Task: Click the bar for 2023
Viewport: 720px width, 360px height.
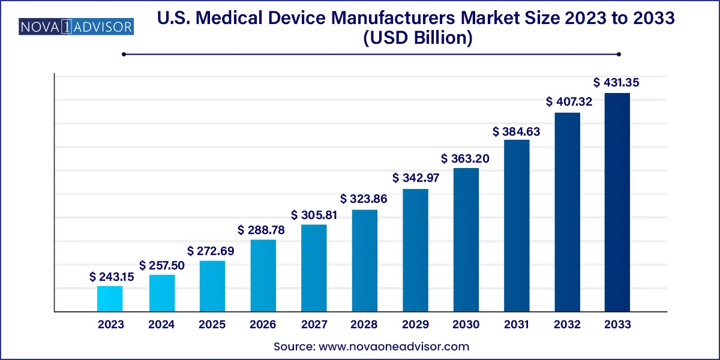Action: click(x=110, y=299)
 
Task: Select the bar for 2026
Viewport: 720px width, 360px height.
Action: click(x=263, y=275)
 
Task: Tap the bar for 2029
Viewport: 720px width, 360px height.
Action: click(x=415, y=250)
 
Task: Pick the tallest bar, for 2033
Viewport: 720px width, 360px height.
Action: click(x=617, y=202)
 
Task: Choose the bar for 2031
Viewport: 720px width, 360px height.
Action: click(x=517, y=226)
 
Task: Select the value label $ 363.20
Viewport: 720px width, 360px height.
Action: click(x=466, y=159)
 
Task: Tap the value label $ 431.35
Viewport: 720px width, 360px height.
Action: click(x=616, y=83)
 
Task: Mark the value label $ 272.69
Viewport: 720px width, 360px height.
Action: click(x=211, y=251)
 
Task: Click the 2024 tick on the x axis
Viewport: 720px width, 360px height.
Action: click(x=161, y=325)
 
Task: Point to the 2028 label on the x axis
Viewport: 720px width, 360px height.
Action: click(x=364, y=325)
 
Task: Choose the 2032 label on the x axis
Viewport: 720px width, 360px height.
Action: click(x=567, y=325)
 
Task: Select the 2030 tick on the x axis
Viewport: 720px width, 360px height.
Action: click(x=466, y=325)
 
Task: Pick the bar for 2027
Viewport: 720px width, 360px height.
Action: click(x=314, y=268)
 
